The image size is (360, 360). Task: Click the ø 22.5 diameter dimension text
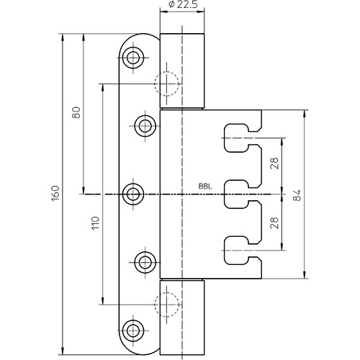coord(183,4)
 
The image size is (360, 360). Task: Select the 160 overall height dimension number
coord(55,194)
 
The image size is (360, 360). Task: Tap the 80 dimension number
coord(76,112)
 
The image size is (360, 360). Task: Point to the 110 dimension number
coord(96,223)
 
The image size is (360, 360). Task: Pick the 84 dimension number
coord(297,195)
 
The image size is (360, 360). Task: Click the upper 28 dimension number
coord(274,163)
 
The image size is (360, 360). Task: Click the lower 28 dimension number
coord(274,222)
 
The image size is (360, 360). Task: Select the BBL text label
coord(205,186)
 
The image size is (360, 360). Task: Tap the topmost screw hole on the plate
coord(133,58)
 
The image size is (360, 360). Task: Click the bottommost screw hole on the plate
coord(133,330)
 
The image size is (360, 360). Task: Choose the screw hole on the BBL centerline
coord(133,194)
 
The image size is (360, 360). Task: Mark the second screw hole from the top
coord(145,126)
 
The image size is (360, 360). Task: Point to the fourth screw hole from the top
coord(145,262)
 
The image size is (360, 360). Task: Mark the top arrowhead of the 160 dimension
coord(63,37)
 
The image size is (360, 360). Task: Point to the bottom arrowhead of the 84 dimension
coord(305,275)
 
